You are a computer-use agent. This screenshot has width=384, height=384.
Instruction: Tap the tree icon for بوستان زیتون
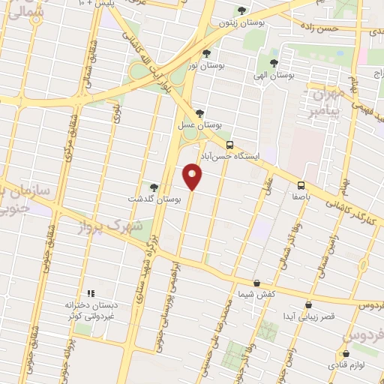click(241, 10)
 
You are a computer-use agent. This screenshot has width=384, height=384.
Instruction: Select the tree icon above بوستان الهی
click(272, 63)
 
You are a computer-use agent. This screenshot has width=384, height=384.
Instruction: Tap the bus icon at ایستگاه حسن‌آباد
click(229, 144)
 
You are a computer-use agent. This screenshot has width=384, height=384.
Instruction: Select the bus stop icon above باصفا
click(301, 185)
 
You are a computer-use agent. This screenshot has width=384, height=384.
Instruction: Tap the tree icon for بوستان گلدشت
click(154, 187)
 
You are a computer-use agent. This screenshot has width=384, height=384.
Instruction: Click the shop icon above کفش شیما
click(257, 283)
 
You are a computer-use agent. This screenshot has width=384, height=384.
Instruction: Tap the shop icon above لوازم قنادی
click(346, 352)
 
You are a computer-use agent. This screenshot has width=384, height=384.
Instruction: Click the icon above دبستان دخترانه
click(91, 293)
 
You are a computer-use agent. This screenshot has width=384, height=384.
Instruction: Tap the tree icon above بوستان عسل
click(198, 113)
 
